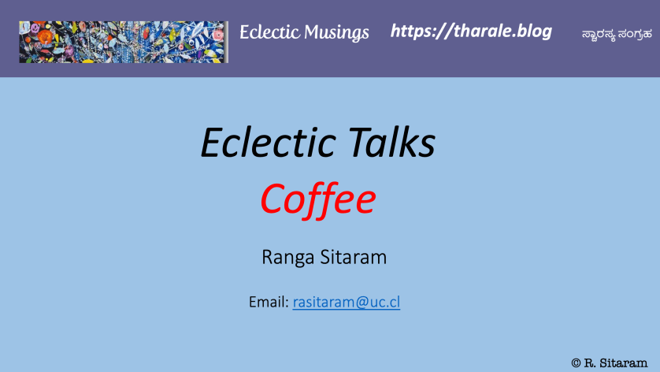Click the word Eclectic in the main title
(x=269, y=142)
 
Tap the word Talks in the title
(x=392, y=142)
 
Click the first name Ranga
(x=288, y=258)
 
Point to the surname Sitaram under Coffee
(x=354, y=257)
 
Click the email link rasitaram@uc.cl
(x=347, y=302)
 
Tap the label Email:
(x=269, y=302)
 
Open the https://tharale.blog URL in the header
(x=471, y=32)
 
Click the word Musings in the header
(x=336, y=33)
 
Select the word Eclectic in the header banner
(x=270, y=32)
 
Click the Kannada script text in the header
(x=617, y=34)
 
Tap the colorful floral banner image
(x=124, y=42)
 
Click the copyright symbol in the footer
(x=576, y=363)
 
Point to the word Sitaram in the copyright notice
(x=624, y=363)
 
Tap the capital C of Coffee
(x=272, y=199)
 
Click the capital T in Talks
(x=359, y=142)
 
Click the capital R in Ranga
(x=267, y=258)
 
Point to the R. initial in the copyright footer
(x=590, y=363)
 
